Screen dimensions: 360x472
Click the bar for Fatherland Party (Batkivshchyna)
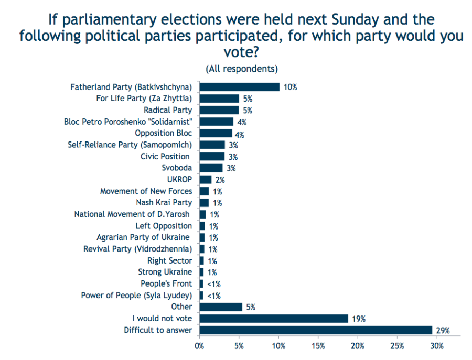point(239,87)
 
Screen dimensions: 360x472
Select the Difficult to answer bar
point(316,330)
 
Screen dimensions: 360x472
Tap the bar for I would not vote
point(274,318)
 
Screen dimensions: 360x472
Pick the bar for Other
point(221,307)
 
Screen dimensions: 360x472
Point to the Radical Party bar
point(219,110)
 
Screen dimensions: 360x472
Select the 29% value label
point(443,330)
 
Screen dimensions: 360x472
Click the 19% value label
point(359,319)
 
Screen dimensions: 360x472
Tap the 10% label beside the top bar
point(290,88)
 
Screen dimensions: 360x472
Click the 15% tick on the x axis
point(318,346)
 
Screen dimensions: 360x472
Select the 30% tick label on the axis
point(437,346)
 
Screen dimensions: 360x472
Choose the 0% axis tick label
point(199,346)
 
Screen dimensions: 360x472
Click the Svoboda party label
point(177,168)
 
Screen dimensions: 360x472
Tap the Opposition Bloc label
point(163,133)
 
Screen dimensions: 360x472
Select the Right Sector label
point(169,260)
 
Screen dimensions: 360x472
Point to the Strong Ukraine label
point(165,272)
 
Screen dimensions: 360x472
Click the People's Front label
point(166,283)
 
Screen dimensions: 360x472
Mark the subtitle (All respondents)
point(241,69)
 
